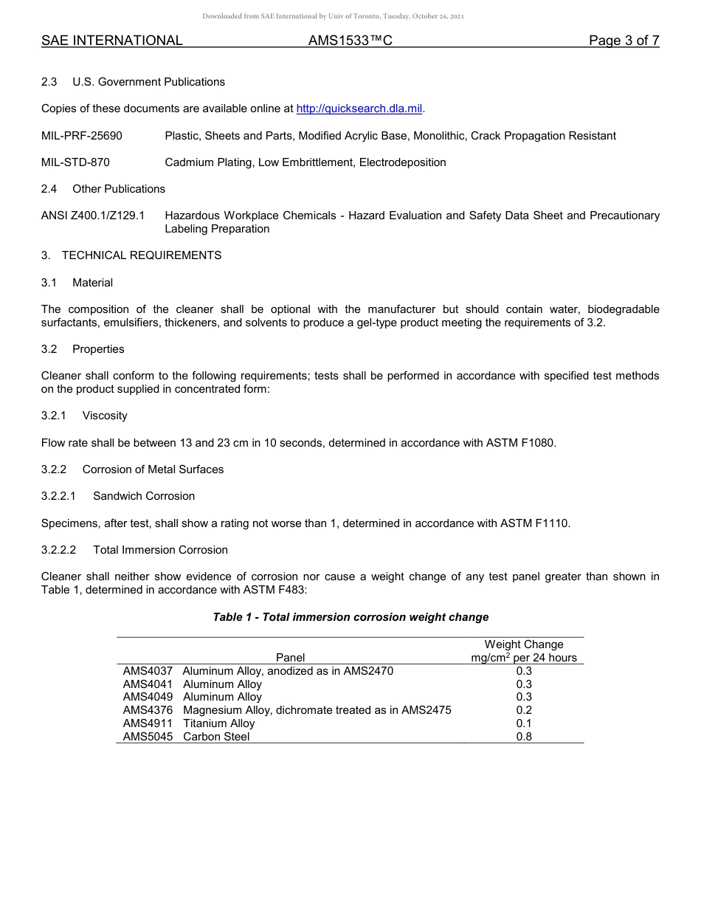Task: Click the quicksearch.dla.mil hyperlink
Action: coord(359,109)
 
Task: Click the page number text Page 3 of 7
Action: coord(624,41)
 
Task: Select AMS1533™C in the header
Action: coord(350,41)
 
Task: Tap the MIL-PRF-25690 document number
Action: coord(82,136)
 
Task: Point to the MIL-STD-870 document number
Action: coord(75,162)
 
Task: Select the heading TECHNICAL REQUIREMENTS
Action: coord(141,255)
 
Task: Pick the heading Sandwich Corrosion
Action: coord(143,496)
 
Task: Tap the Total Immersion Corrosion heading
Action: coord(159,550)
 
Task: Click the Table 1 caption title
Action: coord(350,617)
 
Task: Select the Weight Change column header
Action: coord(524,644)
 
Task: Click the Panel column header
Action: coord(290,658)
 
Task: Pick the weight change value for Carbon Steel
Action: coord(524,737)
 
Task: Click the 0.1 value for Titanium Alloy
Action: coord(524,723)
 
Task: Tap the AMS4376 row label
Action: coord(148,710)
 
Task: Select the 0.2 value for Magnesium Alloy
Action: coord(524,710)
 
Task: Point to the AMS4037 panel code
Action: coord(148,671)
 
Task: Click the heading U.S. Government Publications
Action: coord(148,82)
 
